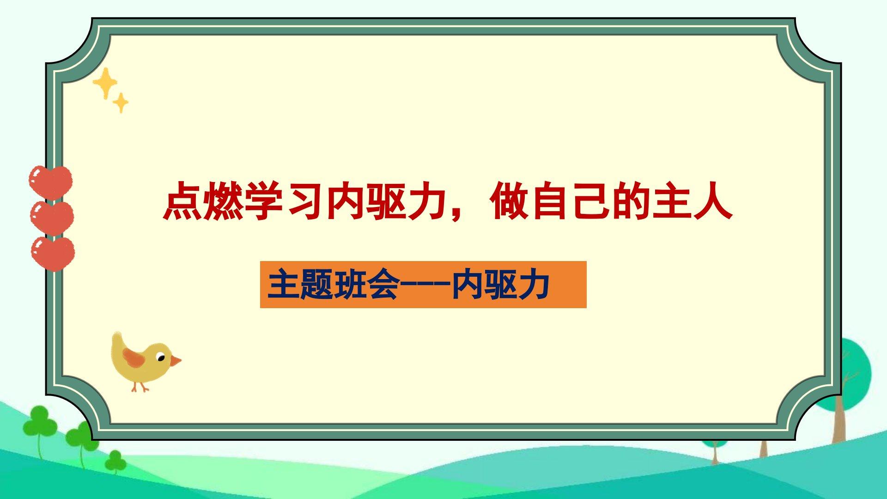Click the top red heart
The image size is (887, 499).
(x=50, y=183)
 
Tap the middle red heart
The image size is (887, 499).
(x=51, y=218)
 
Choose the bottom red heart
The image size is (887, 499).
(x=53, y=253)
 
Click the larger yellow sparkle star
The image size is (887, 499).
(x=105, y=83)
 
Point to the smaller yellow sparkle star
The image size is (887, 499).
(x=121, y=103)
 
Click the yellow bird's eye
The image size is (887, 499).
(x=161, y=358)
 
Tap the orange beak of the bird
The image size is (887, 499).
(x=176, y=360)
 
